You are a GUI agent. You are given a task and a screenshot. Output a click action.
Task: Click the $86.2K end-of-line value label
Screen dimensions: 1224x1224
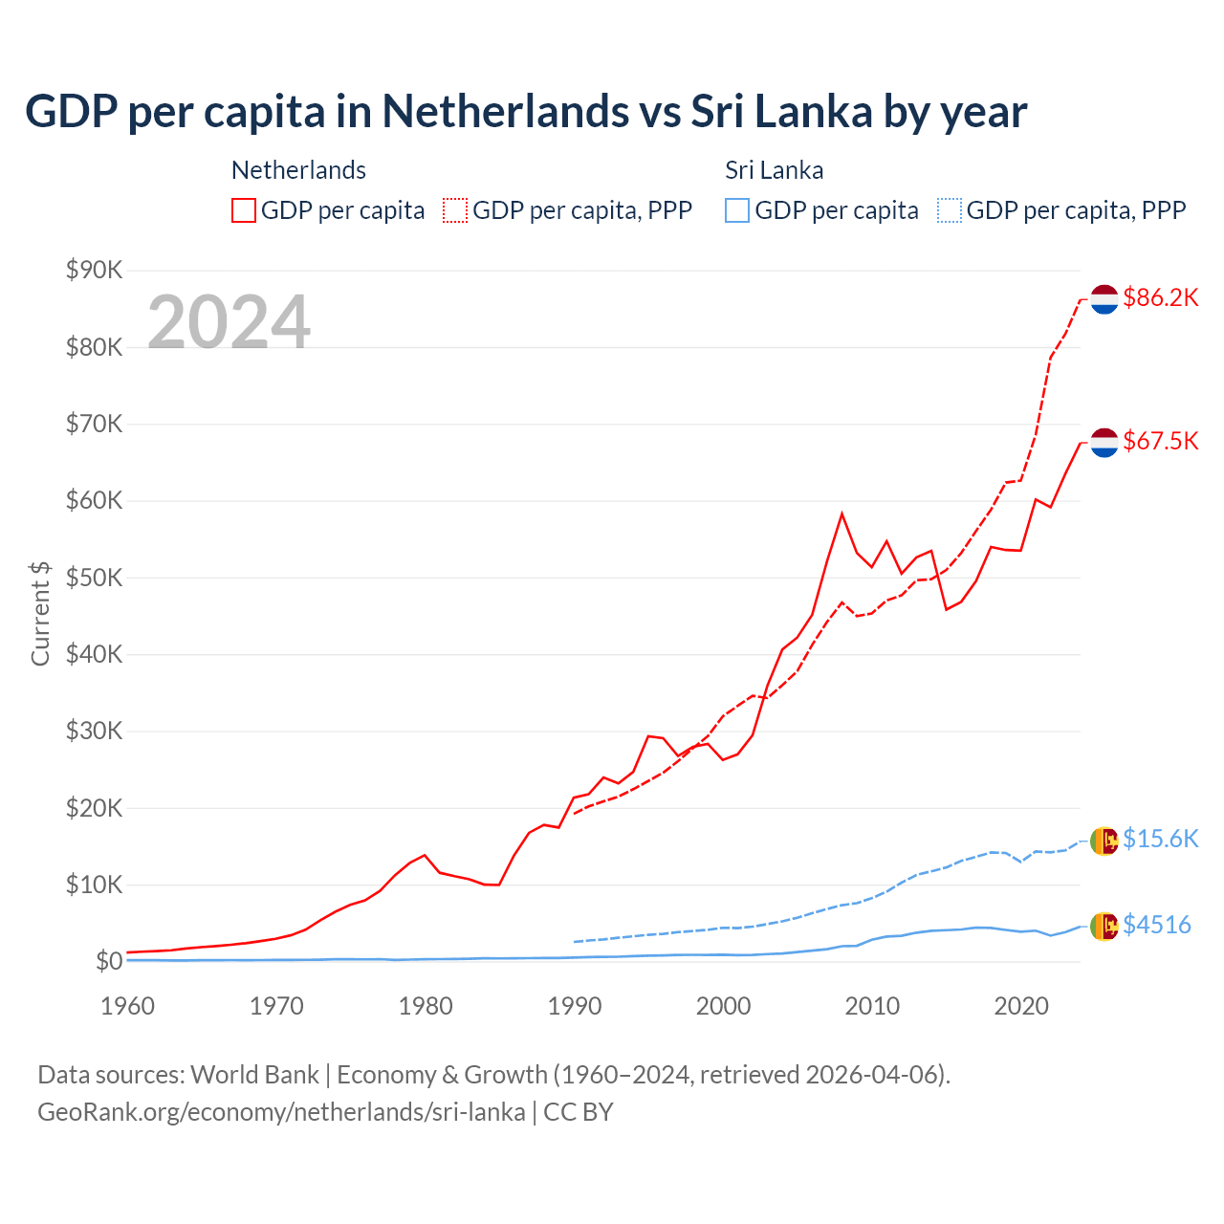[1160, 297]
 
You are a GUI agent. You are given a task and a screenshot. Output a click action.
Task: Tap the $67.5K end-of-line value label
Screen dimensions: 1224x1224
[1160, 441]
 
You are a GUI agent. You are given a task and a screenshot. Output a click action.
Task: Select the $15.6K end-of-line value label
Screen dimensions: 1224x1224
[1160, 839]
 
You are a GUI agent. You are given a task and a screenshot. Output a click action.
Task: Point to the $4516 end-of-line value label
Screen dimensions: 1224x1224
[1156, 925]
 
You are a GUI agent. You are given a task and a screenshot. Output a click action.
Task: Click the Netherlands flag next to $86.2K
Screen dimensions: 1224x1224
[1104, 299]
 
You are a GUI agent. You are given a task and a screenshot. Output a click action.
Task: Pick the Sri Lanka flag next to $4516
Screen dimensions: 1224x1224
[1104, 926]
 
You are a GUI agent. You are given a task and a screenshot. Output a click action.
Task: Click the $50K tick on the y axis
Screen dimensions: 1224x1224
[95, 578]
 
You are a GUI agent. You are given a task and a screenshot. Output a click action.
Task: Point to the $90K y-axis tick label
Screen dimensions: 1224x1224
[95, 270]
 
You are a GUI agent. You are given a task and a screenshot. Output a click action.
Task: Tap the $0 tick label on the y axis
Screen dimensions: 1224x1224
[109, 961]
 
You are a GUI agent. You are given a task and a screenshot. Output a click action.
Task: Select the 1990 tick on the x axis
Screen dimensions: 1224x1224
[575, 1006]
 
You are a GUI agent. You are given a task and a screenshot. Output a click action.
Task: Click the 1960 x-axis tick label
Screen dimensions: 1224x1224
[128, 1006]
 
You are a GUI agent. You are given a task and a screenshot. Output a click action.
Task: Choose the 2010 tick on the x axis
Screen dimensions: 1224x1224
[872, 1006]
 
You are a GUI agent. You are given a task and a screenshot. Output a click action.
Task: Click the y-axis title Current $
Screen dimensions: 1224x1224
[40, 613]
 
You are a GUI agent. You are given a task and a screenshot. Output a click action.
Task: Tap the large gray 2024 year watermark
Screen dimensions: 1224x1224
[229, 322]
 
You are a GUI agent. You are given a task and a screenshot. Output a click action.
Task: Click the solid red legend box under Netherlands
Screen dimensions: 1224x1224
[244, 210]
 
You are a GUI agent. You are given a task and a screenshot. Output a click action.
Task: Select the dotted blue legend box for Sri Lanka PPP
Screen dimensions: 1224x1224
[950, 210]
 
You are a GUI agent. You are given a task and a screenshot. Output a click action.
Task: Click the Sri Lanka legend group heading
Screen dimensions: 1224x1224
[774, 170]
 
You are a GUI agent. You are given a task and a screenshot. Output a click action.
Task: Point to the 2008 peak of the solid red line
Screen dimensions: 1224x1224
[841, 514]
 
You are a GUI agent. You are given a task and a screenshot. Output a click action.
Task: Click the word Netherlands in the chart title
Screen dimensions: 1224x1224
[506, 111]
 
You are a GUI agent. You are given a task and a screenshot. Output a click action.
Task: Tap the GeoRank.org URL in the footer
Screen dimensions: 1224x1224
[281, 1112]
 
